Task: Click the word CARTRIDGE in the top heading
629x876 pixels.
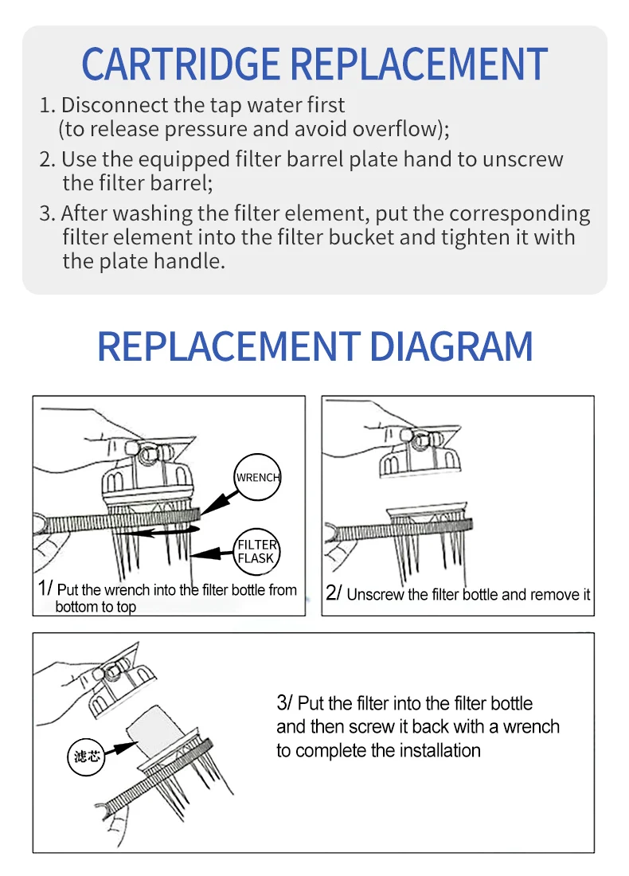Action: tap(181, 64)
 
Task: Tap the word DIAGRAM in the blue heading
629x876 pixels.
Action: tap(451, 346)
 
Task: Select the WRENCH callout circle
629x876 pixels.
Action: tap(257, 477)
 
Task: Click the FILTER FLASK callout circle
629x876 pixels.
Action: tap(256, 551)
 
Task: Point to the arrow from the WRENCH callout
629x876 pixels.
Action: tap(218, 502)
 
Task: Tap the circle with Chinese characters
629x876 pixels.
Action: tap(86, 757)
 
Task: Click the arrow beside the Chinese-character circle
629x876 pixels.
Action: tap(119, 749)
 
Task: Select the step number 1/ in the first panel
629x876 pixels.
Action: tap(45, 589)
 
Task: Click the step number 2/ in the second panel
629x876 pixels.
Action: tap(334, 592)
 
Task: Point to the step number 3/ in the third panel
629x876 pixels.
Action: tap(284, 703)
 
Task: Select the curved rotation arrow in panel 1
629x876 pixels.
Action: tap(162, 532)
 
